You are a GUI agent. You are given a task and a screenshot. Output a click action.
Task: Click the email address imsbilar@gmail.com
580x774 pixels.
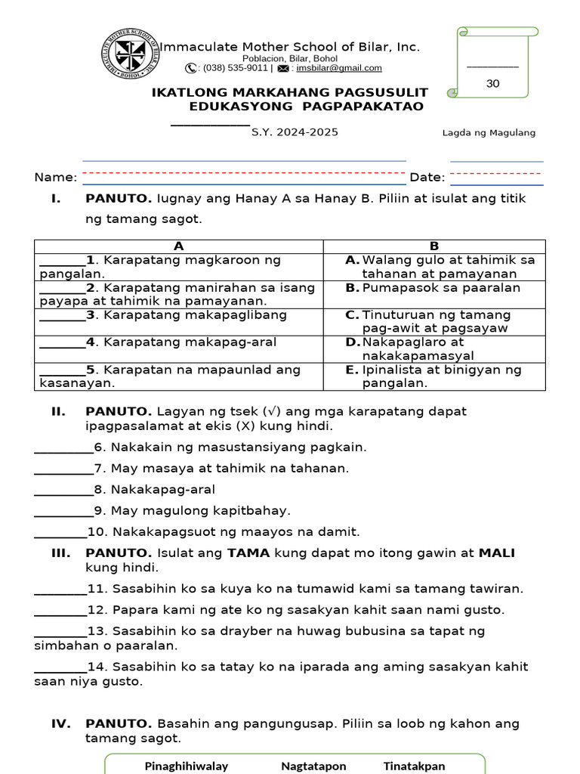pyautogui.click(x=339, y=68)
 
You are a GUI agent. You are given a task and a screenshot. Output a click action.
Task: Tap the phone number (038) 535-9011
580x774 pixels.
pyautogui.click(x=235, y=68)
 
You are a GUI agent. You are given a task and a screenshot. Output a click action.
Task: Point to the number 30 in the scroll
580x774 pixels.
pyautogui.click(x=493, y=84)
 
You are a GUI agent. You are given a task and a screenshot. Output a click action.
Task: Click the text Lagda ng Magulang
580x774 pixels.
pyautogui.click(x=489, y=133)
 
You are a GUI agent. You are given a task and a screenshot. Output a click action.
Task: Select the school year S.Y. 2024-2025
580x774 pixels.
pyautogui.click(x=295, y=132)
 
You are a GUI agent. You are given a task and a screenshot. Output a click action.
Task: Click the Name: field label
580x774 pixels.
pyautogui.click(x=55, y=178)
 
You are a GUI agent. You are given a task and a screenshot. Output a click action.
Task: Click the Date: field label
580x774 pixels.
pyautogui.click(x=427, y=178)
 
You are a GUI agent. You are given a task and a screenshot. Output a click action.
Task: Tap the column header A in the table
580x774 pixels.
pyautogui.click(x=179, y=246)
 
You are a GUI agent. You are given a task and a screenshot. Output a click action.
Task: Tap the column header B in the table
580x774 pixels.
pyautogui.click(x=434, y=246)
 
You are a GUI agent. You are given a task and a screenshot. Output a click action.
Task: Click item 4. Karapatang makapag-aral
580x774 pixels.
pyautogui.click(x=181, y=342)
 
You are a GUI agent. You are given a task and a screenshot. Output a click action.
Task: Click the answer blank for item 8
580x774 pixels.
pyautogui.click(x=63, y=490)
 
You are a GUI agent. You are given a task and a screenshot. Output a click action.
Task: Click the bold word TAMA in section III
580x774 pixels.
pyautogui.click(x=248, y=553)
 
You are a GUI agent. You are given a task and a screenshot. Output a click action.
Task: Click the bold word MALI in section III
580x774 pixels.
pyautogui.click(x=497, y=553)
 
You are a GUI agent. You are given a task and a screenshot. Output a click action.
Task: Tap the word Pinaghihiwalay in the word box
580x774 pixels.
pyautogui.click(x=187, y=766)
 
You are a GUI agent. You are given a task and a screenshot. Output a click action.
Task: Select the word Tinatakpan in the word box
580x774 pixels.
pyautogui.click(x=414, y=766)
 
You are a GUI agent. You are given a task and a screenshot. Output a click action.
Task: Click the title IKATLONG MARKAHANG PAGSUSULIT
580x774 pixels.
pyautogui.click(x=290, y=93)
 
